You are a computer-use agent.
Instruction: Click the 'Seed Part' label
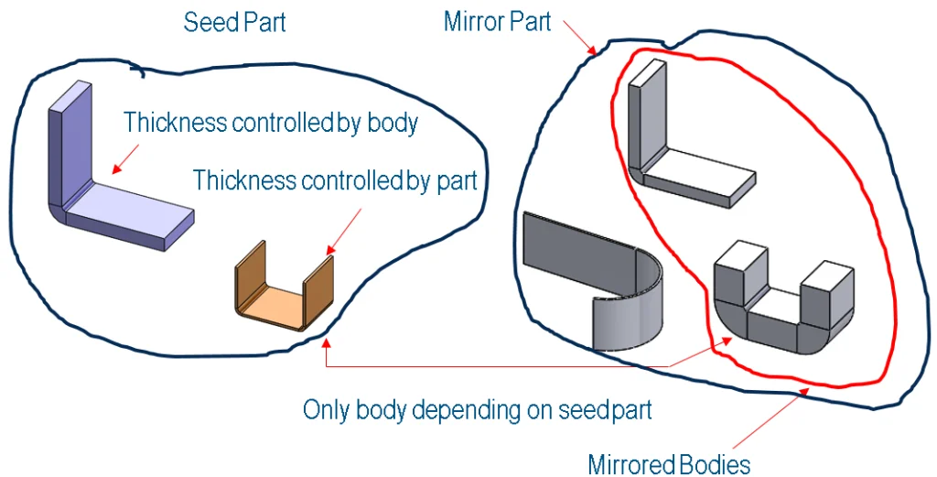[x=234, y=22]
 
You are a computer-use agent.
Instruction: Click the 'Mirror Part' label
[x=497, y=21]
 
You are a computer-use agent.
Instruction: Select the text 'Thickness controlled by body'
[x=270, y=122]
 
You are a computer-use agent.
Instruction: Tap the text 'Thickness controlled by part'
[x=334, y=180]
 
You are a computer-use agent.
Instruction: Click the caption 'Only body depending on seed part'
[x=477, y=409]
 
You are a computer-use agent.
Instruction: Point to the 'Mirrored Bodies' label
[x=669, y=464]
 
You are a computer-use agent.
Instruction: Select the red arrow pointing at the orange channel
[x=342, y=229]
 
